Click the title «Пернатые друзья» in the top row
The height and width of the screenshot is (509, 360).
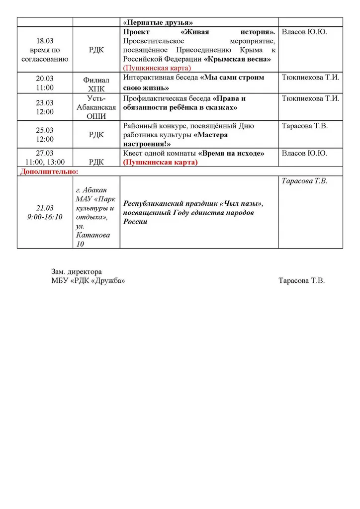point(158,22)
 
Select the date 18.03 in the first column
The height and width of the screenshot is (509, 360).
point(45,41)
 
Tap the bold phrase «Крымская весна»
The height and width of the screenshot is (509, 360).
point(237,59)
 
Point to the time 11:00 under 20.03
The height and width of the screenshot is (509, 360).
point(45,87)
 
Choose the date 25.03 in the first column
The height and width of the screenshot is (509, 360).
point(45,130)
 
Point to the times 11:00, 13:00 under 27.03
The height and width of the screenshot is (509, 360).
point(45,162)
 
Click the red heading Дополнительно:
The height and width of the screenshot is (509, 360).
point(49,171)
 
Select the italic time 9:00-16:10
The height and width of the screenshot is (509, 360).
point(45,217)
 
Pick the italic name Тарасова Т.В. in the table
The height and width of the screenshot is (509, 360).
point(304,181)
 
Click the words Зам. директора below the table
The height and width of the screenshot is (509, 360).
point(76,272)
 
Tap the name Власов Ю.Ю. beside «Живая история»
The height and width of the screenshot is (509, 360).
point(304,32)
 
